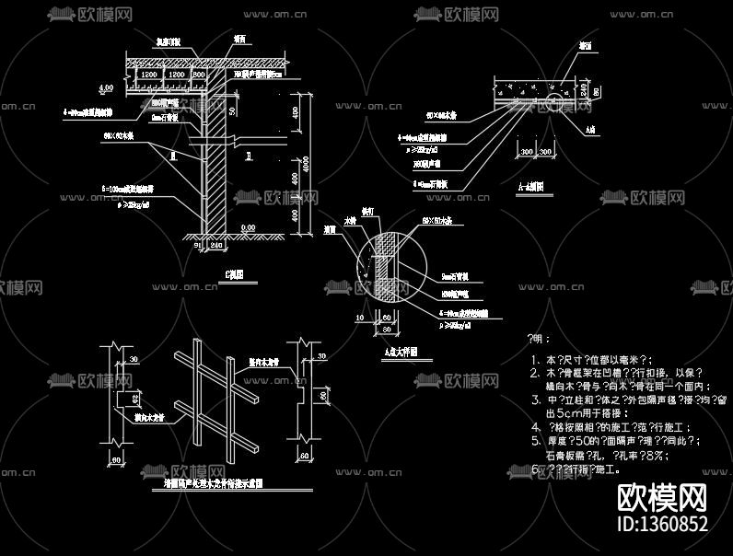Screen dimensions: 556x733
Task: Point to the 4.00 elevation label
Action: (106, 87)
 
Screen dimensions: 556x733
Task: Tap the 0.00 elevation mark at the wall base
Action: (248, 227)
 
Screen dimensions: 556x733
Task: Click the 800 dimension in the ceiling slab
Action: (199, 73)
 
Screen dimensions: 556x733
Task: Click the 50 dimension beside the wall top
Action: (233, 110)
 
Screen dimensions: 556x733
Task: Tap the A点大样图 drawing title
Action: (401, 350)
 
